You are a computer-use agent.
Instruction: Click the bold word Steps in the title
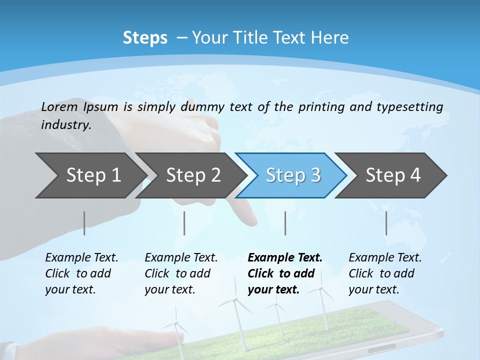(145, 37)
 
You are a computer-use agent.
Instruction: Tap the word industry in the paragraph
(65, 124)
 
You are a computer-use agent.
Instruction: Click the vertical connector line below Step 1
(84, 223)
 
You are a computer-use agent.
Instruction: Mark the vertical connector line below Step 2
(184, 223)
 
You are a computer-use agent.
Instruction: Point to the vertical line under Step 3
(285, 223)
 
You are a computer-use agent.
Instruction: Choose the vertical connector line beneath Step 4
(386, 223)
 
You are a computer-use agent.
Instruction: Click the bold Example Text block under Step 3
(284, 273)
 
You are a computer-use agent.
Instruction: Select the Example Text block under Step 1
(81, 273)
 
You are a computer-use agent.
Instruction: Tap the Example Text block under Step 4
(385, 273)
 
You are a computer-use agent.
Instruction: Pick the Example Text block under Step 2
(181, 273)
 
